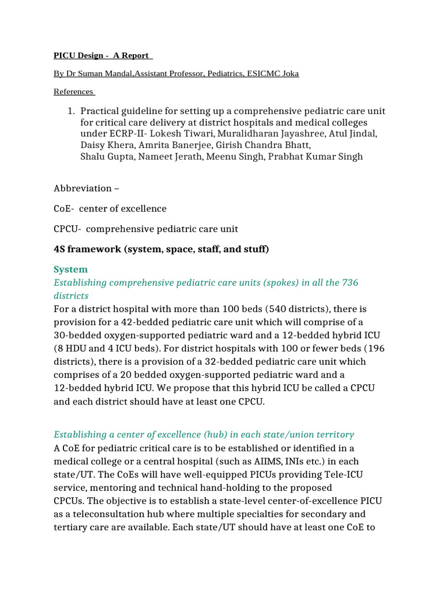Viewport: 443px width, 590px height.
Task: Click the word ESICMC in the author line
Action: point(262,74)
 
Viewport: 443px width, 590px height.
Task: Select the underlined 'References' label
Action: point(73,92)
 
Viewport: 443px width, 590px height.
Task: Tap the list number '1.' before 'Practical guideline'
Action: point(72,111)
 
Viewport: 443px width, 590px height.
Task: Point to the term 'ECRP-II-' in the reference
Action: point(122,134)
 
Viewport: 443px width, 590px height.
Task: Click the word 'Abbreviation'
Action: point(82,188)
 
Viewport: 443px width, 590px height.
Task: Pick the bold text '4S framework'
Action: point(85,249)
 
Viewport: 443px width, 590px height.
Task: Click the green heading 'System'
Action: point(71,270)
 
